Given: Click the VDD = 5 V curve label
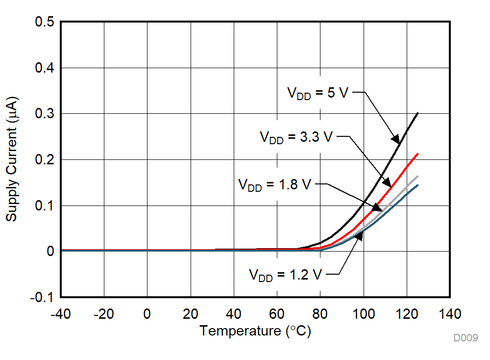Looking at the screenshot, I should (x=317, y=93).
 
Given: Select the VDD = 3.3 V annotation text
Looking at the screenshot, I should (x=296, y=137).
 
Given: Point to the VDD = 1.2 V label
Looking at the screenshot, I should (x=285, y=274).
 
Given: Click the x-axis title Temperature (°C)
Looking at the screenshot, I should (x=255, y=331).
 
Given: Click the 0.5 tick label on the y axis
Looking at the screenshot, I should (x=45, y=22).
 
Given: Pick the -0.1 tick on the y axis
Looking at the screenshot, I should (x=43, y=297).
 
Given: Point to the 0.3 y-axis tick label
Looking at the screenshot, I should (x=45, y=114).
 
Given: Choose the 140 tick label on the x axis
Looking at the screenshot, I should (x=450, y=314).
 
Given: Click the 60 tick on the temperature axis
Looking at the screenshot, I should (x=277, y=314).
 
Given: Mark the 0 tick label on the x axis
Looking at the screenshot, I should (x=147, y=314).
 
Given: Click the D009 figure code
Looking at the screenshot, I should (x=465, y=338).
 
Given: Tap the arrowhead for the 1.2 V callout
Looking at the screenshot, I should (x=359, y=236).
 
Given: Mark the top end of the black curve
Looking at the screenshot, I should (x=417, y=113).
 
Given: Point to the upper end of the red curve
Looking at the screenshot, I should (x=417, y=154).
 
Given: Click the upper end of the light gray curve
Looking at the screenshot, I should (x=417, y=176).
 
